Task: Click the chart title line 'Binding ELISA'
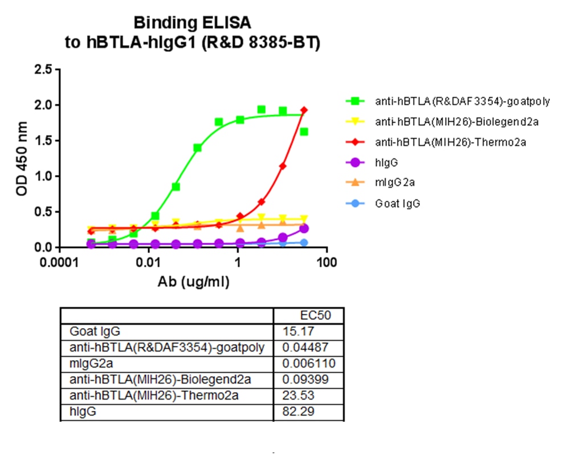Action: [x=192, y=23]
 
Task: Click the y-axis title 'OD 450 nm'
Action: [x=22, y=158]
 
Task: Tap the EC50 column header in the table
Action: [x=315, y=315]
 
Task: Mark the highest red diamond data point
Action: [x=304, y=110]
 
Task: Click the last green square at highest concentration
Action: [x=304, y=132]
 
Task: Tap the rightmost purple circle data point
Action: [x=304, y=229]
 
